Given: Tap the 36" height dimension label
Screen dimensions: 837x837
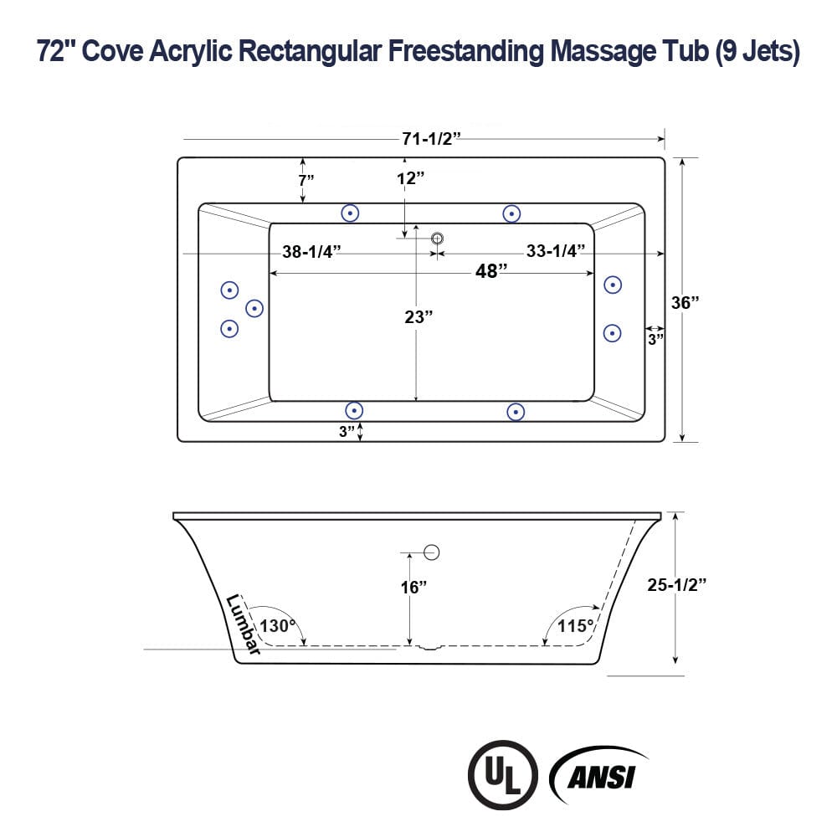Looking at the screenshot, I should tap(686, 302).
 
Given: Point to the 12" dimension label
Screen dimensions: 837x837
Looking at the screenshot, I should tap(411, 178).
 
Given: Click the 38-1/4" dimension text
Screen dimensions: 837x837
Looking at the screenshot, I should tap(311, 251).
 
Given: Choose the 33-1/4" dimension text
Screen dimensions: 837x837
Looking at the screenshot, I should tap(555, 251).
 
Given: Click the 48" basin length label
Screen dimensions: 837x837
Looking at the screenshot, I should tap(491, 271).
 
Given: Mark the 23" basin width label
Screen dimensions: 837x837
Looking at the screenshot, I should tap(418, 316).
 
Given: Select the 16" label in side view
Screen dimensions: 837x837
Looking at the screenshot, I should tap(413, 587).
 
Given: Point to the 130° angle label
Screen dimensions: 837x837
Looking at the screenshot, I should tap(277, 625).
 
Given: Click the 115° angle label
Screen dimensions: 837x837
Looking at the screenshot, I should tap(577, 625).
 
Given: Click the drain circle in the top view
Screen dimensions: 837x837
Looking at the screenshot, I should tap(437, 239).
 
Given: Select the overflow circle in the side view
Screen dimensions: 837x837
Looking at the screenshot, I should tap(432, 552).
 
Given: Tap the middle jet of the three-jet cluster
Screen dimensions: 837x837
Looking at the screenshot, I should tap(254, 309).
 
